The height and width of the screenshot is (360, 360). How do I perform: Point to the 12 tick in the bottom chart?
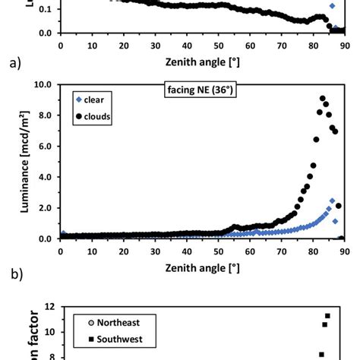50,307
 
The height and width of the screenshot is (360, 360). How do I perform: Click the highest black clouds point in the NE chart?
323,98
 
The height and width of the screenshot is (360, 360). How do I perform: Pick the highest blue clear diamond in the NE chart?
332,201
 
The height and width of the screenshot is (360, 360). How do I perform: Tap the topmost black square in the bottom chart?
327,316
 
